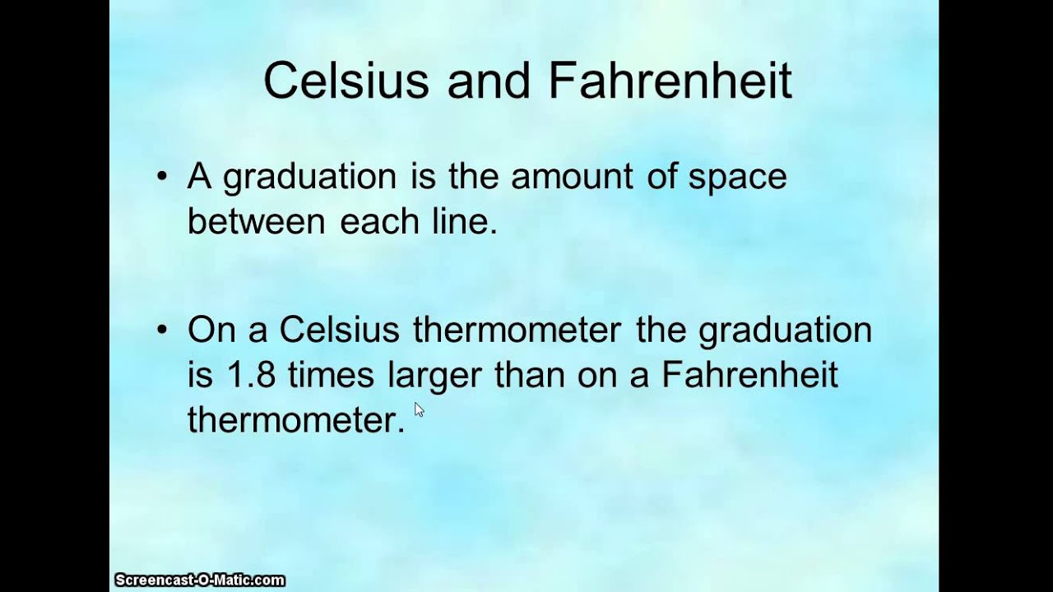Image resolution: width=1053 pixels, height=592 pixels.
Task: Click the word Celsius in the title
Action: [346, 81]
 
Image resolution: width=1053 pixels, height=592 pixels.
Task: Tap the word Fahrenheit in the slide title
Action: [670, 81]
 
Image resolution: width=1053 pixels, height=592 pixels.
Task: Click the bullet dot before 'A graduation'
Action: [162, 177]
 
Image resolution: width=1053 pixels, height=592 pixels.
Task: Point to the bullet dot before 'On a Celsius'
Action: [162, 331]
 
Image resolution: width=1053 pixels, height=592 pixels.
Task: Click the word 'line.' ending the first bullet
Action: [466, 221]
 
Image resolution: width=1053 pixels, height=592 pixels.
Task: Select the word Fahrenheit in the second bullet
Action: [749, 375]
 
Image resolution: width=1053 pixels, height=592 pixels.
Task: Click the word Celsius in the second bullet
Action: [339, 331]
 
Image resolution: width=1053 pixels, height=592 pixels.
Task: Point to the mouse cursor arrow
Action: [419, 409]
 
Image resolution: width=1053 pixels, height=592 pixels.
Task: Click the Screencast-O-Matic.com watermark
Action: [199, 580]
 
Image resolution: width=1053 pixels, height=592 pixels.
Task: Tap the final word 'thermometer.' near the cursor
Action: [296, 419]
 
